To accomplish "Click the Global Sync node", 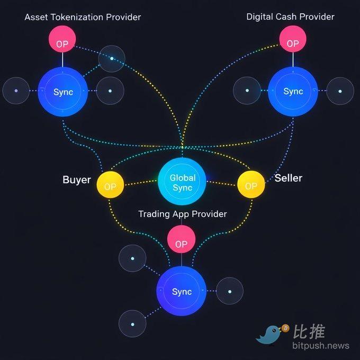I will pos(182,183).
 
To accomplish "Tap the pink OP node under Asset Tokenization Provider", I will pos(62,40).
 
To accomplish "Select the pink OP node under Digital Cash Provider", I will pos(293,40).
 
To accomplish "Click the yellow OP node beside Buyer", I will pos(110,186).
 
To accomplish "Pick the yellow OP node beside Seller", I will pos(251,185).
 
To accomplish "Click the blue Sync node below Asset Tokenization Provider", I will pos(63,92).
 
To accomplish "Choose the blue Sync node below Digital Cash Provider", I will pos(293,91).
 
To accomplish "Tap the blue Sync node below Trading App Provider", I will pos(182,291).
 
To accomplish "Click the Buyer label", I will pos(77,179).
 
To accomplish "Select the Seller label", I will pos(288,178).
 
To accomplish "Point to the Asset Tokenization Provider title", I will pos(83,17).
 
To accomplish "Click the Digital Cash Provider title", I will pos(290,16).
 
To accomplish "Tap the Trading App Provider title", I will pos(182,214).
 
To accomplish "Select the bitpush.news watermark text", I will pos(320,346).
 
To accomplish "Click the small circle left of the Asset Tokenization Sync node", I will pos(16,91).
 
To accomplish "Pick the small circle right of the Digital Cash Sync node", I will pos(340,91).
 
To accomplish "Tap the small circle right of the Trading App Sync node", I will pos(229,291).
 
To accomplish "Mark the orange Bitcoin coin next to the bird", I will pos(285,328).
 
